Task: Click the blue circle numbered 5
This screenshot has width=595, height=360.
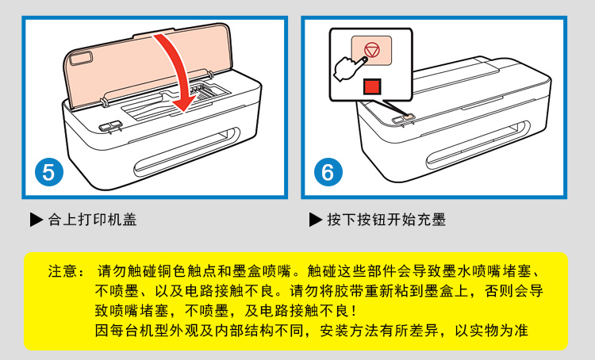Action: pyautogui.click(x=49, y=172)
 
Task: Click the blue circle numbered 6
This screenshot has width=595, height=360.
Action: pyautogui.click(x=328, y=172)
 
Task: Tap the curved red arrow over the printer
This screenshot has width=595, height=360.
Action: pyautogui.click(x=180, y=72)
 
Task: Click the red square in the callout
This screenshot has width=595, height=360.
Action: pyautogui.click(x=372, y=86)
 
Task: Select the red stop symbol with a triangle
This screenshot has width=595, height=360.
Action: pyautogui.click(x=371, y=50)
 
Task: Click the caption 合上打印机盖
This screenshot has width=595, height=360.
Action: pyautogui.click(x=92, y=220)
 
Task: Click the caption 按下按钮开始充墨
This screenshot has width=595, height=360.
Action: pyautogui.click(x=386, y=220)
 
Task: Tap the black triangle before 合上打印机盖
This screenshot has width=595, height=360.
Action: pyautogui.click(x=36, y=220)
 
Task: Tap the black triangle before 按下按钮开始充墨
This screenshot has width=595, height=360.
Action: pyautogui.click(x=315, y=220)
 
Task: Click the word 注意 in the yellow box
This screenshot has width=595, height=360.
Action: pyautogui.click(x=63, y=271)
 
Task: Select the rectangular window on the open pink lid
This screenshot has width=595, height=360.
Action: pyautogui.click(x=81, y=58)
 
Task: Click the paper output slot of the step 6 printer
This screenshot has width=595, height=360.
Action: pyautogui.click(x=478, y=145)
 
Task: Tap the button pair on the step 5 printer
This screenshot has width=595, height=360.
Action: pyautogui.click(x=110, y=126)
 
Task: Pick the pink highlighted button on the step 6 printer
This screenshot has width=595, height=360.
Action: pyautogui.click(x=409, y=117)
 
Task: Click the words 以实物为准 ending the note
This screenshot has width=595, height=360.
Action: pyautogui.click(x=491, y=331)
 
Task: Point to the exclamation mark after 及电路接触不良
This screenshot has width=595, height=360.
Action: pyautogui.click(x=354, y=311)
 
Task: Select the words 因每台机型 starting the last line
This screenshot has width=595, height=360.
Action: pyautogui.click(x=131, y=331)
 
